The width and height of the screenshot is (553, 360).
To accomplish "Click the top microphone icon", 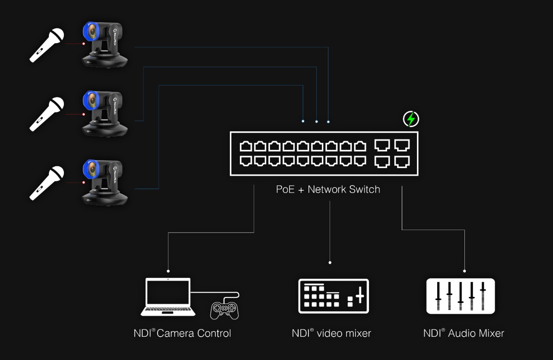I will [47, 44].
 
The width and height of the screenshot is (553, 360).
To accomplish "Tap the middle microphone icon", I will [47, 114].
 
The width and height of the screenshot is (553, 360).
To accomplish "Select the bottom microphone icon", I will [47, 183].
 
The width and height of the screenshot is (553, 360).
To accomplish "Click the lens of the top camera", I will [92, 32].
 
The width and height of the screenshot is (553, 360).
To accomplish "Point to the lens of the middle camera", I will [92, 101].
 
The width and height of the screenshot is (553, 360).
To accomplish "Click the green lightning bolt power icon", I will [411, 119].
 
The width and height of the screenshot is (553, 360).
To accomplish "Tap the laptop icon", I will [168, 297].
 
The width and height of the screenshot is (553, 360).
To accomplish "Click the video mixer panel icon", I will [334, 296].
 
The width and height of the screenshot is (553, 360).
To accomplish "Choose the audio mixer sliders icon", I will [461, 296].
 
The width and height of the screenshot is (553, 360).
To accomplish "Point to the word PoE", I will [285, 189].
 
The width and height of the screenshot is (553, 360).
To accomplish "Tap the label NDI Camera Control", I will [182, 333].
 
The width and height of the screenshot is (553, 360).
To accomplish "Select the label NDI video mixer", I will [331, 333].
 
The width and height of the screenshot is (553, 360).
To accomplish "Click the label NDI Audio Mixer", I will [464, 333].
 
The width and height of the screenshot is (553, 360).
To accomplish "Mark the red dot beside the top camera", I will [84, 44].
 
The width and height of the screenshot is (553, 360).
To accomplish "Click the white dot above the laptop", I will [168, 271].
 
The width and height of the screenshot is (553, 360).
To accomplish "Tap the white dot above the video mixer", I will [330, 262].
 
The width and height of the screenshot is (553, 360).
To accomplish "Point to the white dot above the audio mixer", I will [464, 271].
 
